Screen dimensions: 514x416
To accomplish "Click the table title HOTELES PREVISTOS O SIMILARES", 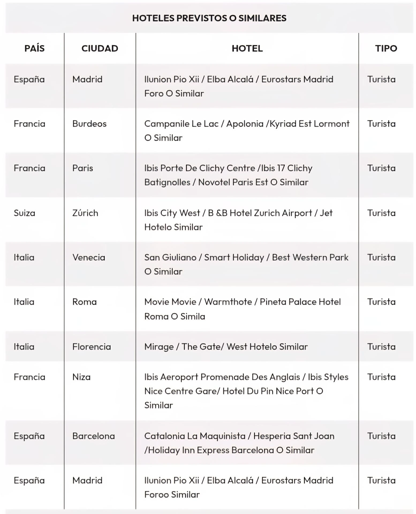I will pos(209,18).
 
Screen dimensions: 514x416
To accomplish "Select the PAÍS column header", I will pos(35,48).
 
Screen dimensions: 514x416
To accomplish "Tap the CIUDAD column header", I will pos(100,48).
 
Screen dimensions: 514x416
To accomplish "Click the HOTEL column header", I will pos(247,48).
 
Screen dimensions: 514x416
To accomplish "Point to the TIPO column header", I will pos(386,48).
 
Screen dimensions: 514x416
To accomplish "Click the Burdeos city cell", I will pos(89,124).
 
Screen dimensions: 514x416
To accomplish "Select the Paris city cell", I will pos(83,168).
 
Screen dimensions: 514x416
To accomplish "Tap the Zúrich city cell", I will pos(85,213).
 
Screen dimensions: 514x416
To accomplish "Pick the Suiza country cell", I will pos(24,213).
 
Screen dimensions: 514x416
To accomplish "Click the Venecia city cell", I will pos(89,258).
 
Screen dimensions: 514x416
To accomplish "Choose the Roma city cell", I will pos(84,302).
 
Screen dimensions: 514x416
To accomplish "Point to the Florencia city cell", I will pos(92,347).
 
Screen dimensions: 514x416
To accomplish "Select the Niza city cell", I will pos(81,377).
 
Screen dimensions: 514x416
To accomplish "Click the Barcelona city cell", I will pos(93,436).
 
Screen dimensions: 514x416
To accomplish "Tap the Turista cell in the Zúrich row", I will pos(381,213).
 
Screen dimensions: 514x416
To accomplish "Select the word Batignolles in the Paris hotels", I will pos(167,182).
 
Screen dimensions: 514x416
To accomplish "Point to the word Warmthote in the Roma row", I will pos(228,302).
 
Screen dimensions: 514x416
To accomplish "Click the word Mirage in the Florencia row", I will pos(159,347).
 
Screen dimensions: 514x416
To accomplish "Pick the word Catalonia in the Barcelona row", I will pos(164,436).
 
